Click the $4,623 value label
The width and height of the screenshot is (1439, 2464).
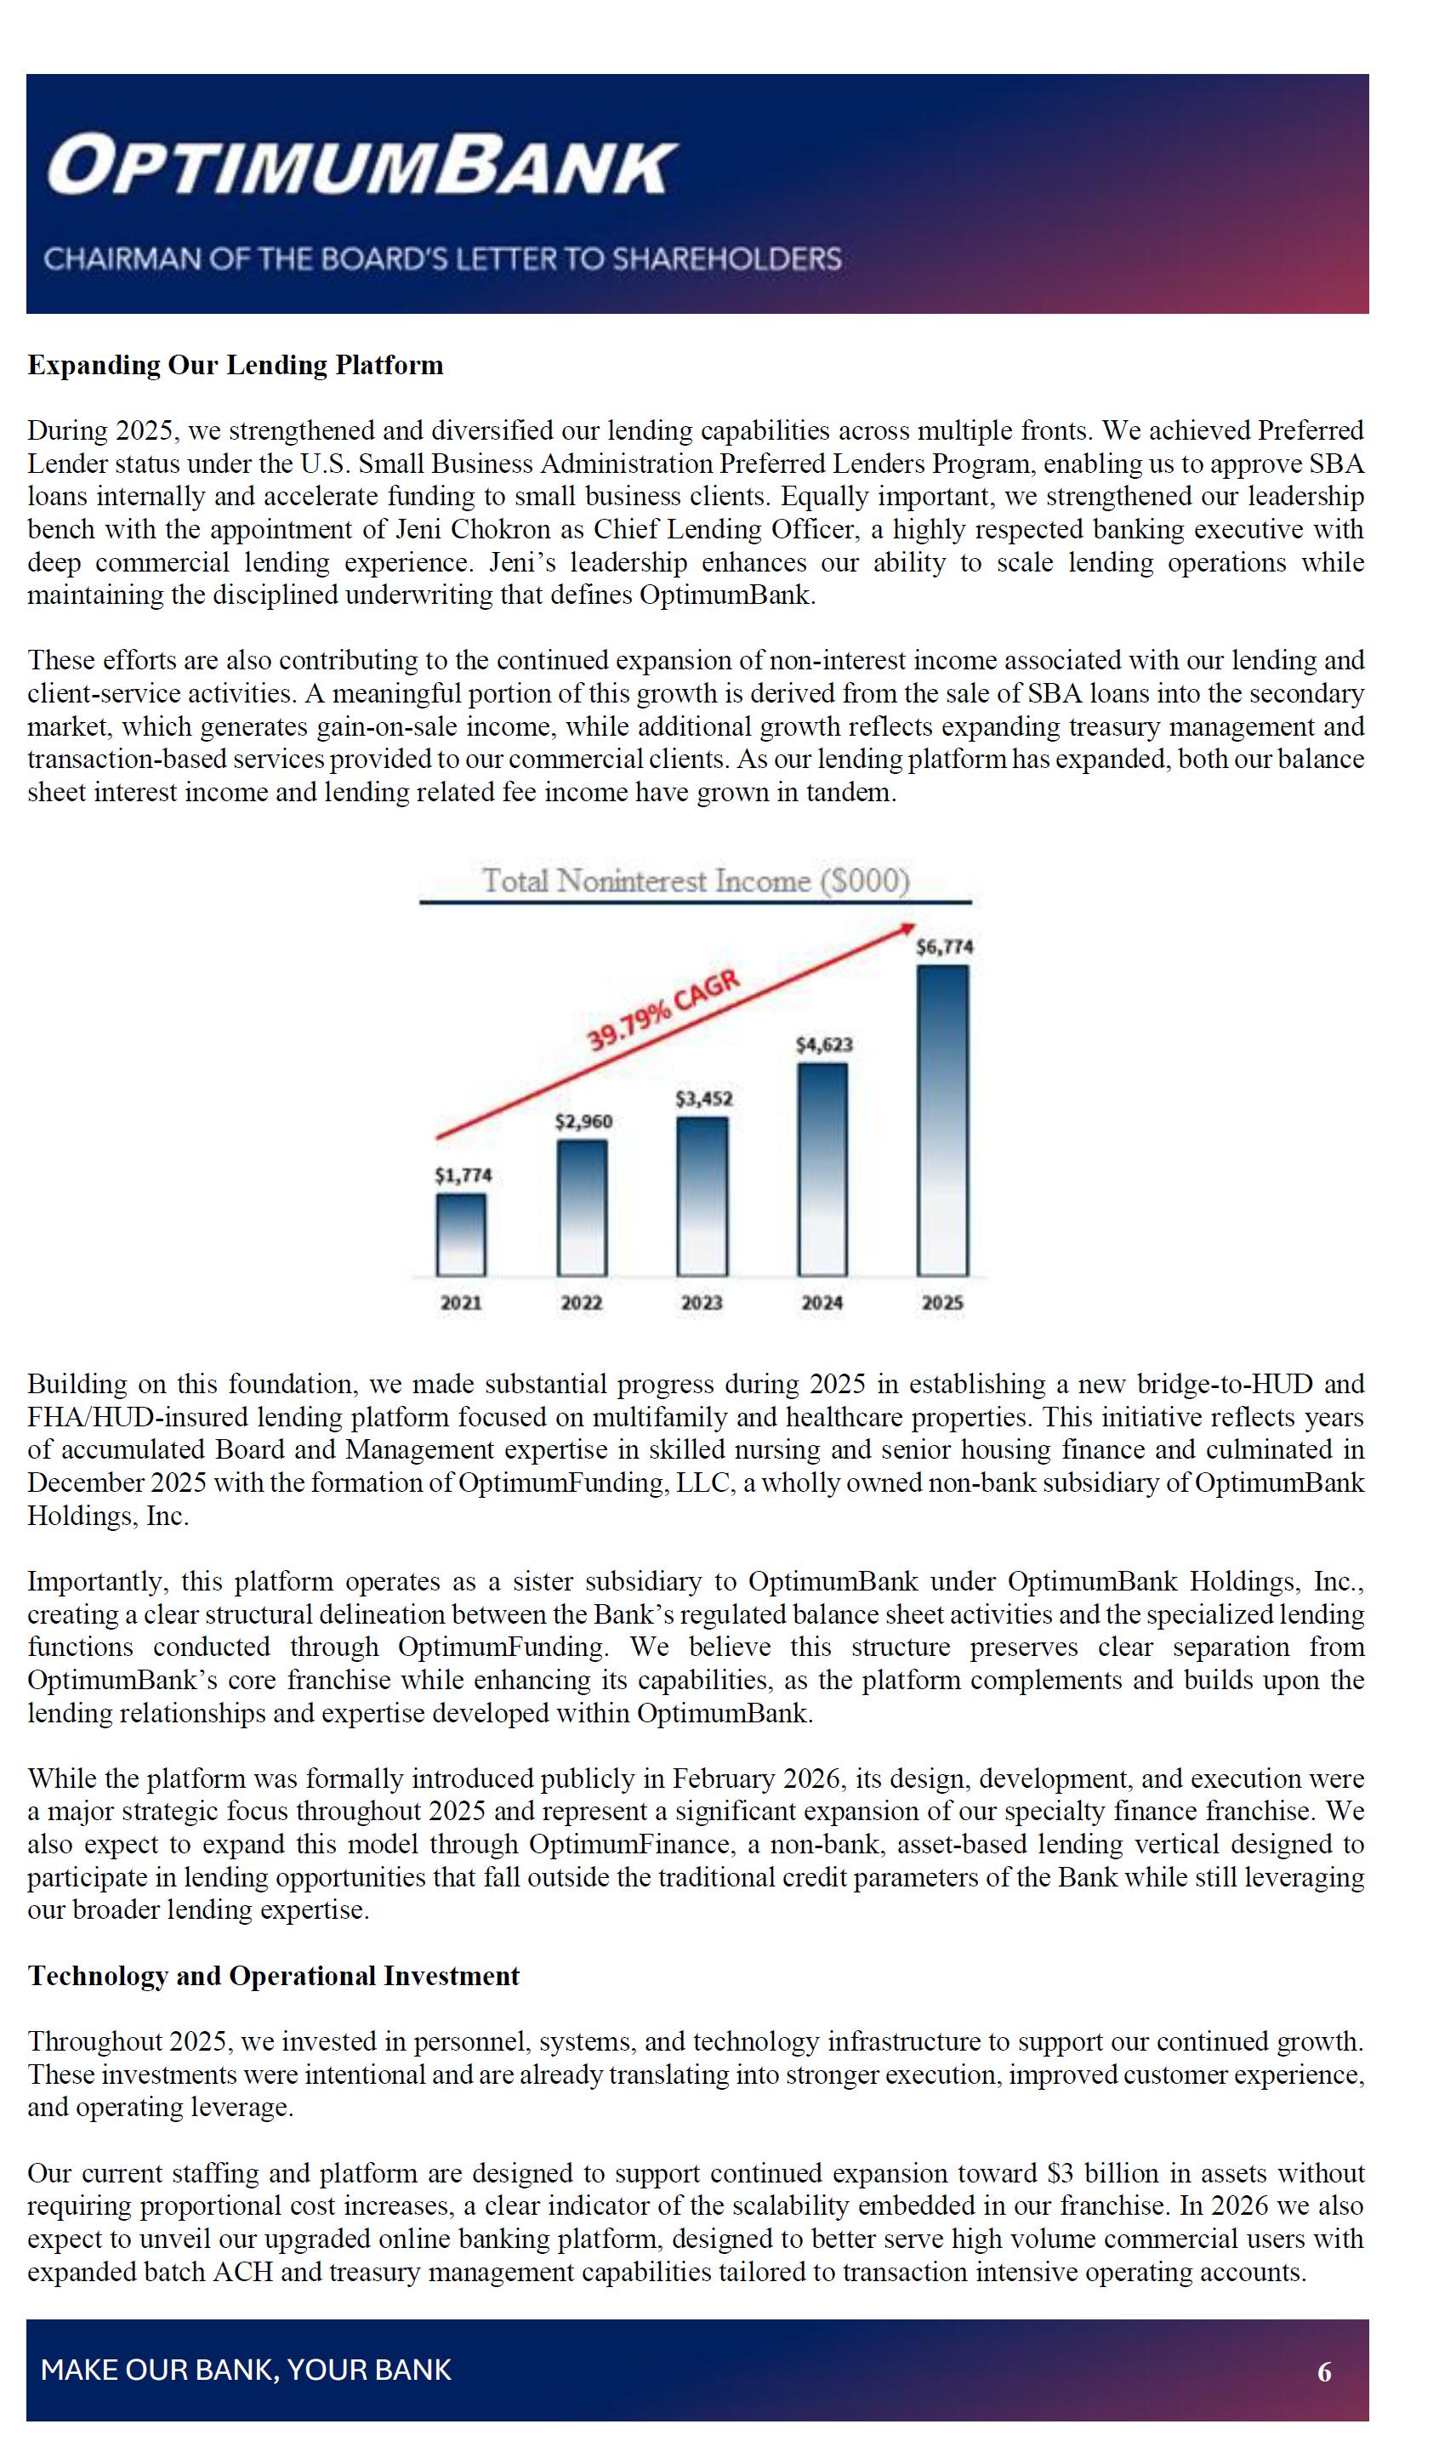[x=823, y=1044]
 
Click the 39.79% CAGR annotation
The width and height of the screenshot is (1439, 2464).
[x=663, y=1011]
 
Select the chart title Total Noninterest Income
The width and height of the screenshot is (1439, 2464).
[x=695, y=881]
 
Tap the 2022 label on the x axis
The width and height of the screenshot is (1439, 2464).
[x=582, y=1302]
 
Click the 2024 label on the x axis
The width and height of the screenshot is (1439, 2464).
[x=822, y=1302]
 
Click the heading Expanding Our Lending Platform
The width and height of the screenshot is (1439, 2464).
[x=235, y=365]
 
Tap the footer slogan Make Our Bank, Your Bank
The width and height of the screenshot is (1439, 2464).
[x=246, y=2370]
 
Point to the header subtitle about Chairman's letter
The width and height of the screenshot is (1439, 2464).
[x=442, y=259]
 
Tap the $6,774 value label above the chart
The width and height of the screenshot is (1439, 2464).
[x=943, y=947]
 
